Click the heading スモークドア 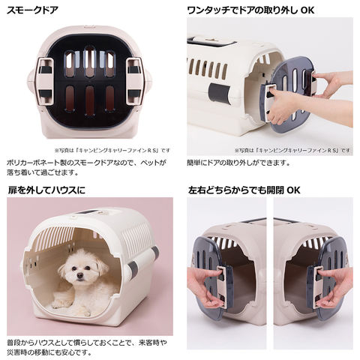coord(32,10)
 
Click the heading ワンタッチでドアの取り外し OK coord(250,10)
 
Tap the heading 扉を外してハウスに coord(46,190)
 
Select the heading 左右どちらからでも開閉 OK coord(244,190)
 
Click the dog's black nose coord(80,275)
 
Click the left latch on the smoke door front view coord(45,81)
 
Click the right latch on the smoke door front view coord(135,81)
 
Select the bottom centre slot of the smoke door coord(90,100)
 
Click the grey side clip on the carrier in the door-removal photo coord(219,92)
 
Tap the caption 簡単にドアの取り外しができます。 coord(238,163)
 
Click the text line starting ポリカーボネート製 coord(86,163)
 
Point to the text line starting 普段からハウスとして coord(87,342)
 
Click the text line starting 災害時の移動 coord(49,352)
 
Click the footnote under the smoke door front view coord(112,150)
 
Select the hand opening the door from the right coord(335,287)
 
